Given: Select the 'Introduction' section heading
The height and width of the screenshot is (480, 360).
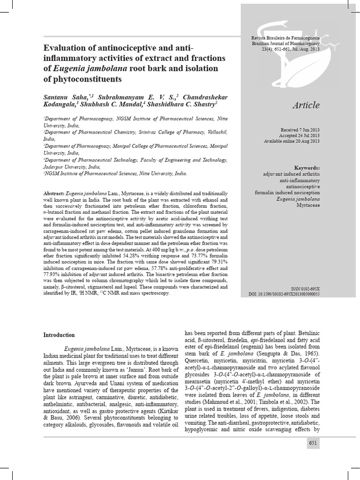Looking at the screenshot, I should point(59,335).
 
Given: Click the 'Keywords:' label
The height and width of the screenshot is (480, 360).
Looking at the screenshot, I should point(307,167).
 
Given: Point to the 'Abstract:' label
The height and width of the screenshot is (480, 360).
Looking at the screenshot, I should point(54,194).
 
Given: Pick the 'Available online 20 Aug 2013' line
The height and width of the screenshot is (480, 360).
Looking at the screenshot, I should point(292,141).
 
